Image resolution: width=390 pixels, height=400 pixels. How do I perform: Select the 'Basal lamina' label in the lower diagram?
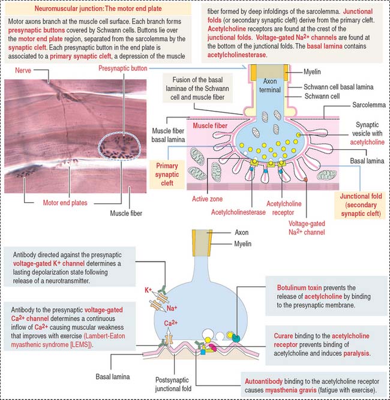pyautogui.click(x=112, y=378)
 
